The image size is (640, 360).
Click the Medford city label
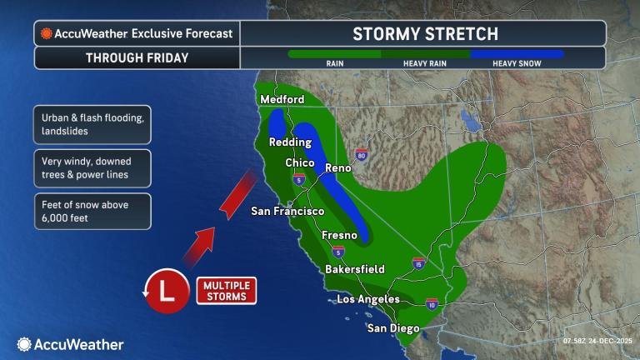point(282,100)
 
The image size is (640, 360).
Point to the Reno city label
point(338,168)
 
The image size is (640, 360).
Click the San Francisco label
point(287,212)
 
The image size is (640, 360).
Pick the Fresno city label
point(339,236)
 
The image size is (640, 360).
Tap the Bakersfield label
point(354,269)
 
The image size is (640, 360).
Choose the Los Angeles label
point(367,299)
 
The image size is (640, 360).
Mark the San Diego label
point(393,328)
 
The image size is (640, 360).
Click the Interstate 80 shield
point(361,155)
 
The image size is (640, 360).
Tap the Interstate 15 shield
point(417,264)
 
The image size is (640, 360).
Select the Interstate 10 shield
point(432,305)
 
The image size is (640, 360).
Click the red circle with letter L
point(166,290)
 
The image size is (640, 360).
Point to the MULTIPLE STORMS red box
point(226,291)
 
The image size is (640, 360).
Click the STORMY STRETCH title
point(425,34)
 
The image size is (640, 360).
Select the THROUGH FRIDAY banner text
point(137,58)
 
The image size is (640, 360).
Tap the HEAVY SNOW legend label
point(516,63)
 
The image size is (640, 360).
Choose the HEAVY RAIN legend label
point(425,63)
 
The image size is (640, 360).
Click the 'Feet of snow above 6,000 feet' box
point(92,211)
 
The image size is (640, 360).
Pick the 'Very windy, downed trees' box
point(92,168)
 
